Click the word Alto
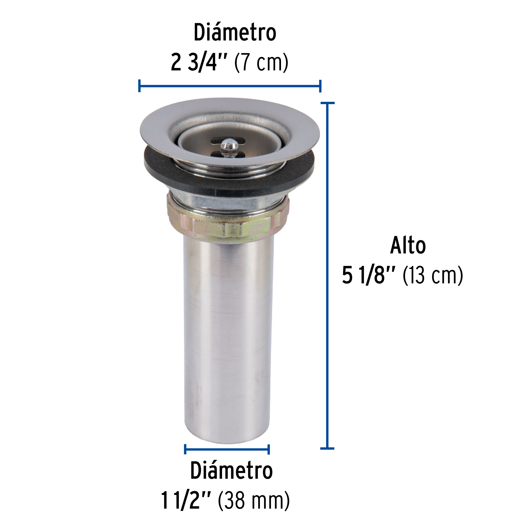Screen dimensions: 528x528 pyautogui.click(x=407, y=246)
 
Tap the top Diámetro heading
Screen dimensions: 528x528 pyautogui.click(x=235, y=33)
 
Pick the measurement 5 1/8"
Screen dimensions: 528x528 pyautogui.click(x=368, y=275)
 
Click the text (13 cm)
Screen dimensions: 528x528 pyautogui.click(x=433, y=275)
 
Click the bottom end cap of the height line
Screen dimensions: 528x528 pyautogui.click(x=327, y=448)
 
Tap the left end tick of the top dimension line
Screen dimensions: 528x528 pyautogui.click(x=139, y=86)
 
